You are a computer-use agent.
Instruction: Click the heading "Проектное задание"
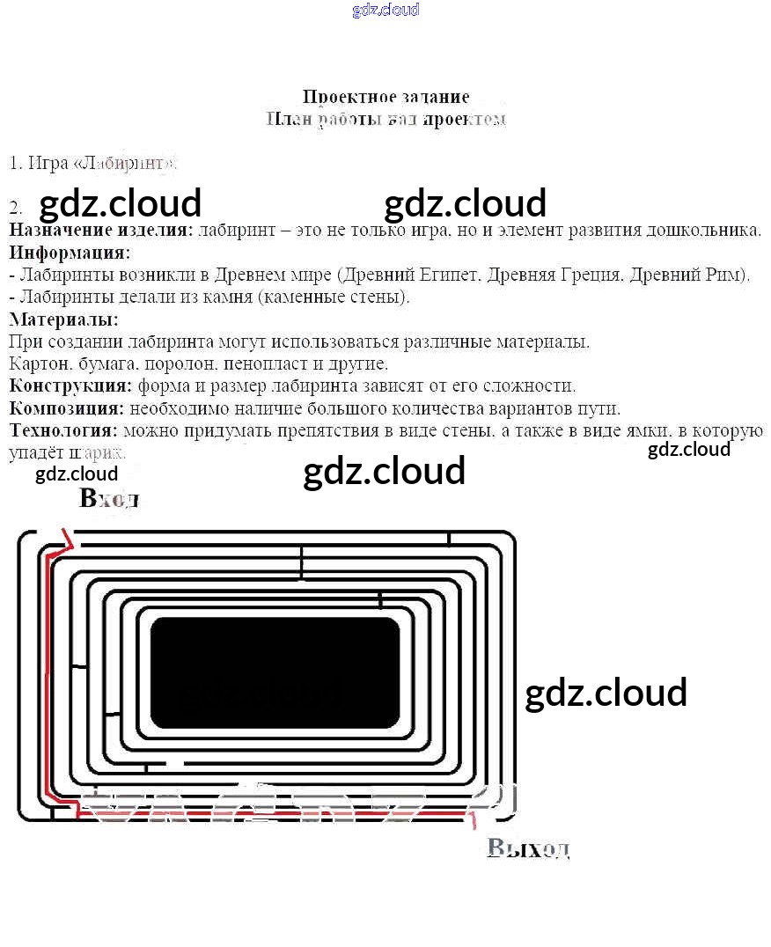pos(385,97)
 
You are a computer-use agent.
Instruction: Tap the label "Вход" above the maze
pos(109,499)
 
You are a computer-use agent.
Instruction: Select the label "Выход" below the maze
pos(528,848)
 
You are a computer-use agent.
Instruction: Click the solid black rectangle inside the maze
pos(275,672)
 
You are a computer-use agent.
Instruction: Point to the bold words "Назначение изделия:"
pos(100,231)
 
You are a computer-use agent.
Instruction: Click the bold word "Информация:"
pos(70,253)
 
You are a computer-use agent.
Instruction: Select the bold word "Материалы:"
pos(63,319)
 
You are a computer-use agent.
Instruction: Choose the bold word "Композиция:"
pos(66,408)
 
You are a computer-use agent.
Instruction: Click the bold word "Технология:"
pos(63,430)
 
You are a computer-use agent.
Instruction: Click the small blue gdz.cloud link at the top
pos(385,10)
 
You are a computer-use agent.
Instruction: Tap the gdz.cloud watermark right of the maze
pos(606,693)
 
